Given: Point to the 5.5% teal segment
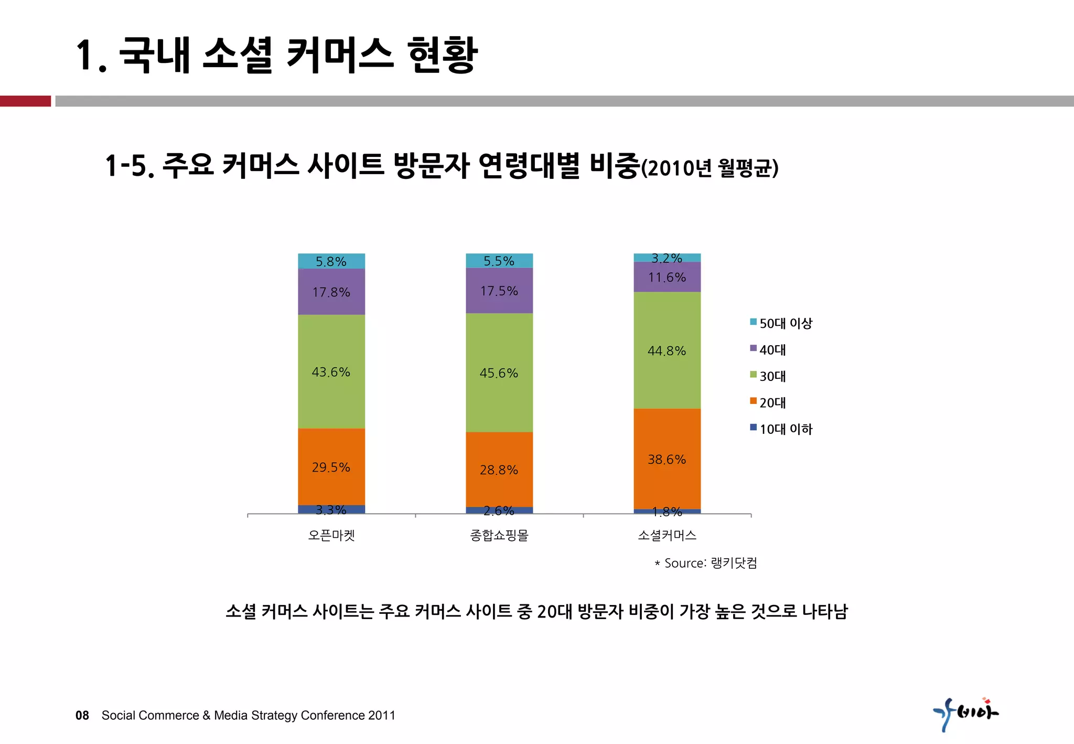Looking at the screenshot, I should point(499,261).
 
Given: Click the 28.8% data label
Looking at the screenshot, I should point(499,470).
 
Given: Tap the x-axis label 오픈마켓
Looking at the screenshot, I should point(331,535).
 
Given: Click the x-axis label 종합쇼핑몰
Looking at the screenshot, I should point(499,535).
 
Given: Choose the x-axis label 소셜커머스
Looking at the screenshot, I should point(667,535).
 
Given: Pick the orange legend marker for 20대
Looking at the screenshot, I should point(753,401).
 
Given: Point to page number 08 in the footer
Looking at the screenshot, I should point(82,715).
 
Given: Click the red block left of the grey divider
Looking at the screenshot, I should point(25,101).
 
